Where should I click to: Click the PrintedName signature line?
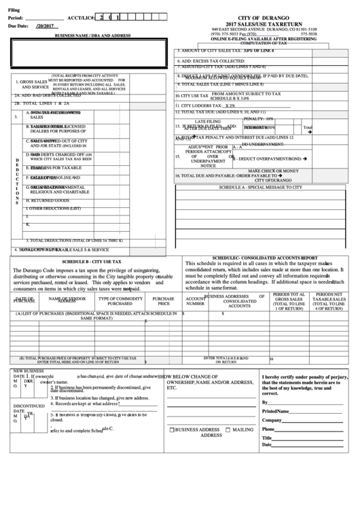click(x=309, y=411)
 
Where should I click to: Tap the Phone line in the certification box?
click(x=309, y=429)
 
